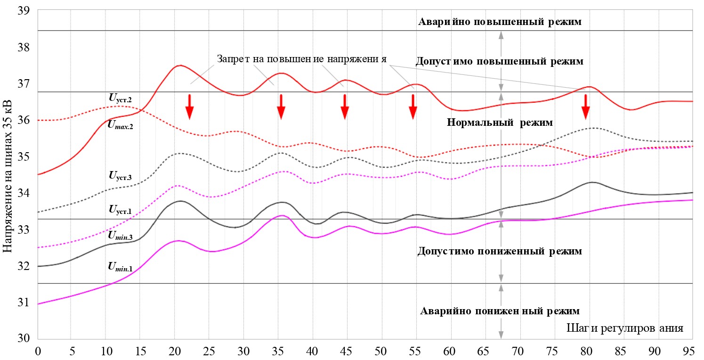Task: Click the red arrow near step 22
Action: point(189,107)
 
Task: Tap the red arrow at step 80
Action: point(586,107)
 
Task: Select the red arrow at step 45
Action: point(345,107)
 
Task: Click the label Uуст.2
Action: point(120,98)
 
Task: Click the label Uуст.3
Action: point(120,177)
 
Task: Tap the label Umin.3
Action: point(120,234)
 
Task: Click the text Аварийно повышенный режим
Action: point(500,22)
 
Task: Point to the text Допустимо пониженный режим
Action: point(500,251)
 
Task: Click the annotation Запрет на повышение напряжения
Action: point(302,59)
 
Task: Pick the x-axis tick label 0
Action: point(38,352)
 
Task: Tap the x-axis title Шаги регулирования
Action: point(625,328)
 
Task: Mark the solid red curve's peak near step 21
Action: point(180,65)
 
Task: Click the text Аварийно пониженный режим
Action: point(500,311)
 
